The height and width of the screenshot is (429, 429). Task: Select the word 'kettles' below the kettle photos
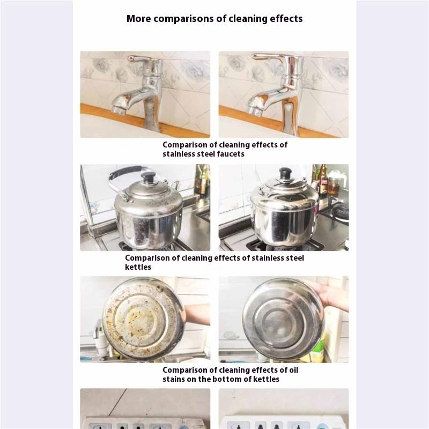click(138, 267)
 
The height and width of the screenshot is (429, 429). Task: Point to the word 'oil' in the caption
click(293, 370)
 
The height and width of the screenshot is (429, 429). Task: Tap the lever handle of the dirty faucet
click(139, 58)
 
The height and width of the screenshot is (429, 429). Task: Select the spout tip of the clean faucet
click(254, 109)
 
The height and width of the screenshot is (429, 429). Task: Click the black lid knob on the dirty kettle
click(148, 177)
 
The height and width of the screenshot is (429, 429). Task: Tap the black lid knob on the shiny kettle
click(285, 173)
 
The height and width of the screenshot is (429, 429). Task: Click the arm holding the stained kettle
click(197, 314)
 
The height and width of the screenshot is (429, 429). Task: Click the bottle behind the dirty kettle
click(203, 181)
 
